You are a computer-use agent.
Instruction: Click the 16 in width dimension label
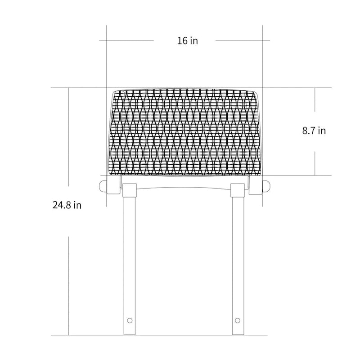click(187, 40)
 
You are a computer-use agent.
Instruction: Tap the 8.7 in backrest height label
click(314, 130)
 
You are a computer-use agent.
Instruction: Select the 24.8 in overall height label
click(67, 205)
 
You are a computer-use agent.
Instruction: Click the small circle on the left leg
click(130, 320)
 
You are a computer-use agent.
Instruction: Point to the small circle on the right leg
click(238, 320)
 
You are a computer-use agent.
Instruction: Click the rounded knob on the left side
click(103, 186)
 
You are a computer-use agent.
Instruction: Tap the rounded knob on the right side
click(266, 186)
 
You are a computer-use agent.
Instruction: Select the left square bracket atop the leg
click(130, 190)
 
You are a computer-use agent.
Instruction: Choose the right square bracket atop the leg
click(238, 190)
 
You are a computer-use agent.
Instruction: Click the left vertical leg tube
click(130, 265)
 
